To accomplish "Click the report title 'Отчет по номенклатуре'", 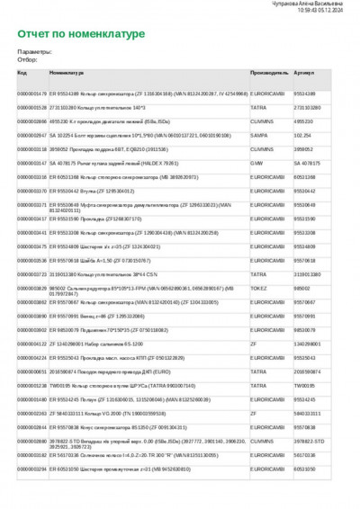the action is coord(80,34).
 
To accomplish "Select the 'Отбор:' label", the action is coord(28,58).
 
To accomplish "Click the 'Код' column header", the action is coord(22,72).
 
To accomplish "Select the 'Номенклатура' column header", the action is coord(67,72).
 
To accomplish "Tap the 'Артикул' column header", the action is coord(304,72).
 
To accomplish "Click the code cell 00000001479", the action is coord(32,93).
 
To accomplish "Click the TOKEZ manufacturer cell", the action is coord(259,288).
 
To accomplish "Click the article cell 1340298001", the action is coord(309,344).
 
